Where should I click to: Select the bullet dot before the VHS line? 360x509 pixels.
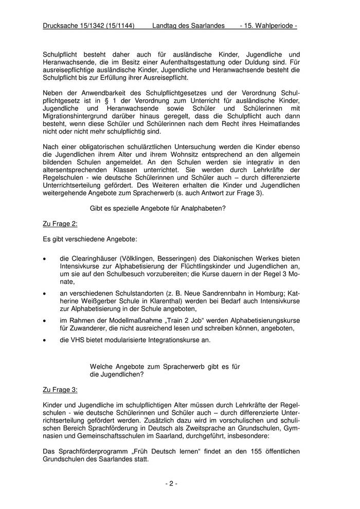(46, 340)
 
